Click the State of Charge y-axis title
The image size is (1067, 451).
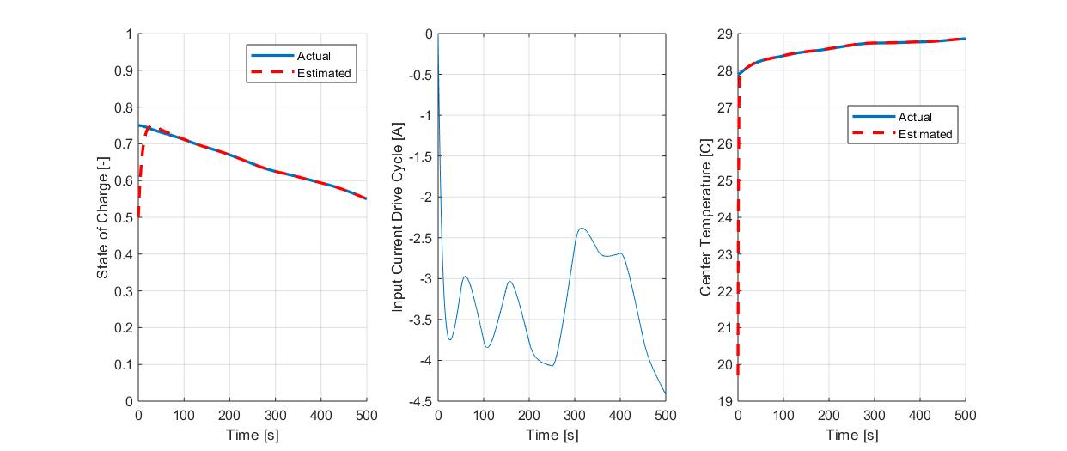click(103, 218)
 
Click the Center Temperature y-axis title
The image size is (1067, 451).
click(705, 218)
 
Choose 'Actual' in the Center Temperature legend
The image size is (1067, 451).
click(914, 117)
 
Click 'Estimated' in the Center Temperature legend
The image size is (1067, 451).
click(924, 134)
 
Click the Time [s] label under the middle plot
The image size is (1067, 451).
click(552, 435)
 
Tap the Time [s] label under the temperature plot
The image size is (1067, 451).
click(851, 435)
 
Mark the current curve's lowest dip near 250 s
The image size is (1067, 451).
click(552, 366)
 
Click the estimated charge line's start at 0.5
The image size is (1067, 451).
click(138, 217)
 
